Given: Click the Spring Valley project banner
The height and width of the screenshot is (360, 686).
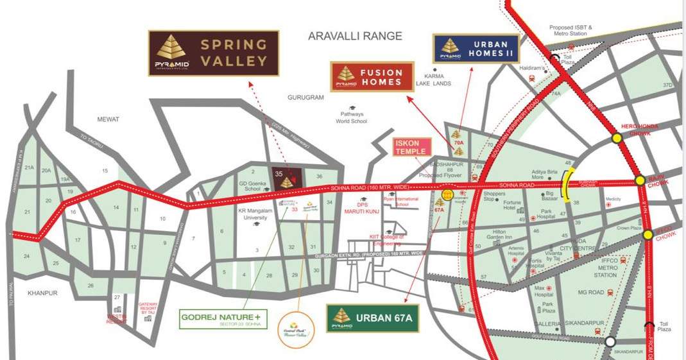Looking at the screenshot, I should [x=214, y=53].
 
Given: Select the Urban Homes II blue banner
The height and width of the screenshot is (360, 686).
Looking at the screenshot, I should [x=476, y=49].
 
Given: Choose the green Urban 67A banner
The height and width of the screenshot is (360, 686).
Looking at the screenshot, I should [x=372, y=318].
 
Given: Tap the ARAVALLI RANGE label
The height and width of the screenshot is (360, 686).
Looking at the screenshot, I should [x=355, y=37].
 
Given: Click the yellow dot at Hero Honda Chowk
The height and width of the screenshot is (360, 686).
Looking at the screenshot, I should [x=617, y=137].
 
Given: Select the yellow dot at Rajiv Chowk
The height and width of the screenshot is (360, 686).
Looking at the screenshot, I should [x=640, y=181].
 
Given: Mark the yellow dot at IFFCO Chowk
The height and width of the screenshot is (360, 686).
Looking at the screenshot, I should [x=648, y=235].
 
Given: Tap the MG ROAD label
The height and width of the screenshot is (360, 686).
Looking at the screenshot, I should [x=573, y=293].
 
